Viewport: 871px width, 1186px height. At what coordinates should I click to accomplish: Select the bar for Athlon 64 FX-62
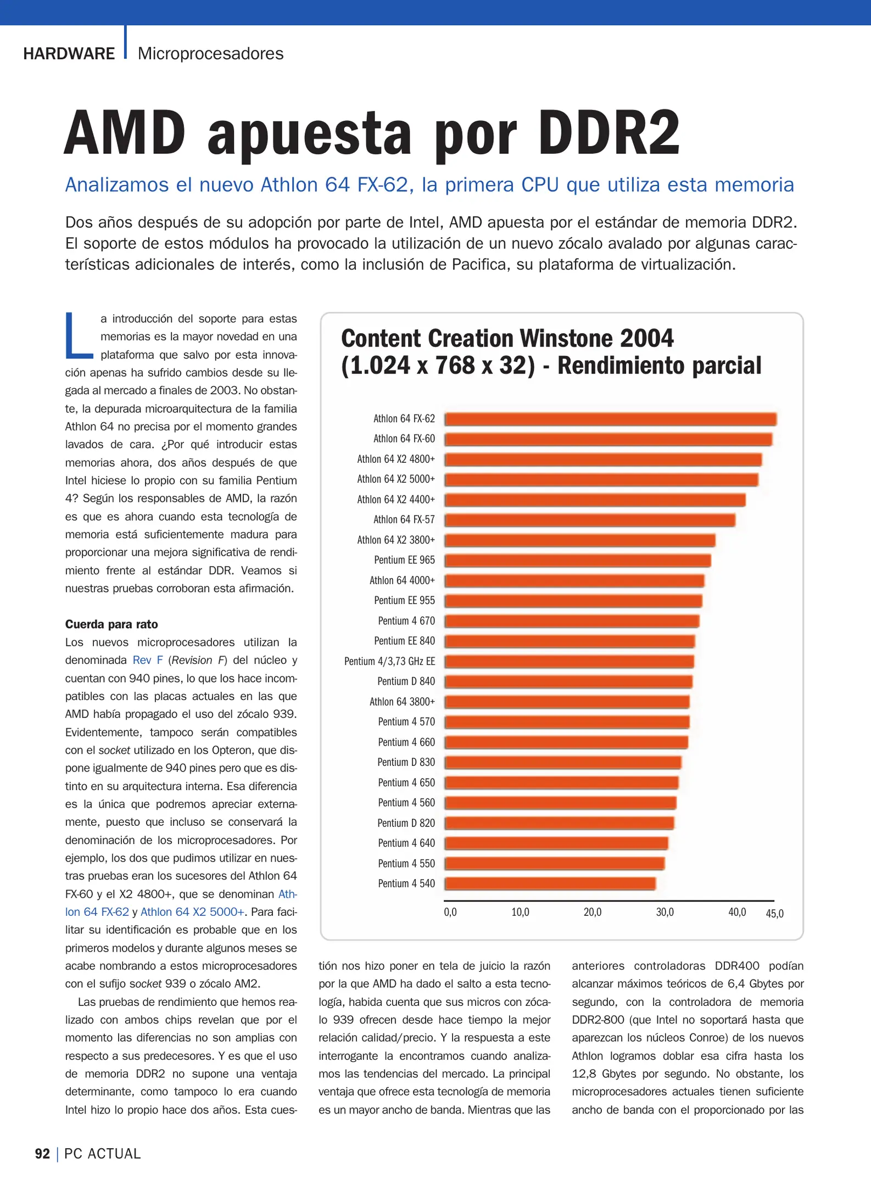(x=610, y=419)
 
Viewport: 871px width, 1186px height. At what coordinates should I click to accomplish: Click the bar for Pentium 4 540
(x=549, y=883)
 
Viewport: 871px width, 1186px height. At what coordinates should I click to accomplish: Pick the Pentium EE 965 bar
(x=577, y=561)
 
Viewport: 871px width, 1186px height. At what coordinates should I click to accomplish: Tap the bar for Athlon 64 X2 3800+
(x=579, y=540)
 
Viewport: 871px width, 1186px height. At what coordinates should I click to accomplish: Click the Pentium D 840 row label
(x=406, y=681)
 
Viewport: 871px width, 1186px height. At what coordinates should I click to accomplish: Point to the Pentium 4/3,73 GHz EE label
(x=389, y=661)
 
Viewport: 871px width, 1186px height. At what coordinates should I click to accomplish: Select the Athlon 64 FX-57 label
(x=404, y=519)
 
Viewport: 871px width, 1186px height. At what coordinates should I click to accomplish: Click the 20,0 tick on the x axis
(x=592, y=913)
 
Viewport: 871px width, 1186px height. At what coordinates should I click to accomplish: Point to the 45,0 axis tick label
(x=774, y=914)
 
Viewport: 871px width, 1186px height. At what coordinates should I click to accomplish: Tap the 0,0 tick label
(x=450, y=913)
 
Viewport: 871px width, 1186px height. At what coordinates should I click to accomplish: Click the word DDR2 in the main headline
(x=608, y=133)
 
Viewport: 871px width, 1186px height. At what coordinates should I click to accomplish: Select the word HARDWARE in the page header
(x=69, y=54)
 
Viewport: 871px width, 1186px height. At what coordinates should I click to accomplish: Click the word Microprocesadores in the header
(x=210, y=54)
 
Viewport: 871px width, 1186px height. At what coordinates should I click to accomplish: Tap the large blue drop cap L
(x=78, y=335)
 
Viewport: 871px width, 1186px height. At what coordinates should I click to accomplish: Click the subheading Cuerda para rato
(x=111, y=624)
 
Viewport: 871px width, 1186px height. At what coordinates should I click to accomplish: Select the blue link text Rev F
(x=148, y=660)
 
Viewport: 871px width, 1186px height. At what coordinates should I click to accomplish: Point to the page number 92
(x=42, y=1154)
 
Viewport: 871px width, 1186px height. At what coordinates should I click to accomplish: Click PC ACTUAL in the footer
(x=102, y=1154)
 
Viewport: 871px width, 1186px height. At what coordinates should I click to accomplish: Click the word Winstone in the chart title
(x=567, y=338)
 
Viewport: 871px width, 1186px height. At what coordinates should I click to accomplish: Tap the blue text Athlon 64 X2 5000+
(x=192, y=912)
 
